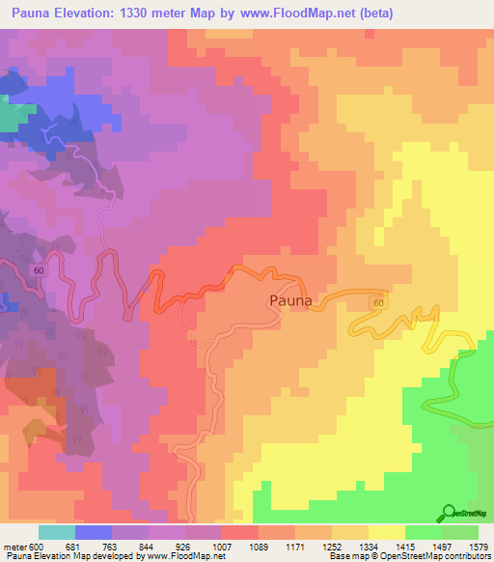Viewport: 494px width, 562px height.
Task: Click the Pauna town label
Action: tap(289, 300)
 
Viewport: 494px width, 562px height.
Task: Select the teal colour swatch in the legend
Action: tap(57, 532)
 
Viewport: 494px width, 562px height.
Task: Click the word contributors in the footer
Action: tap(470, 556)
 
